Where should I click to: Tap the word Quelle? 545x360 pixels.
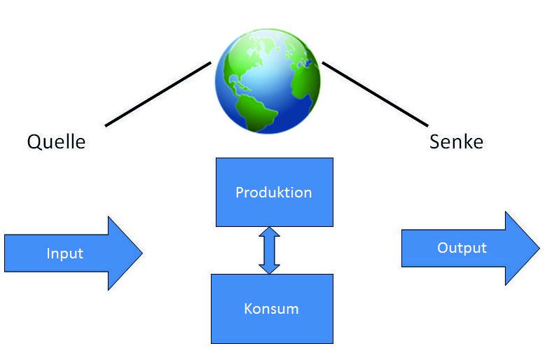click(56, 141)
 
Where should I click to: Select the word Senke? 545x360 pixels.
click(456, 141)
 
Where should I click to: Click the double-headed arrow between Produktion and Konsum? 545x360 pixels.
click(270, 250)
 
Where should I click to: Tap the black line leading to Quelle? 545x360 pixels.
click(158, 95)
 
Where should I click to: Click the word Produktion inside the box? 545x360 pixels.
click(274, 192)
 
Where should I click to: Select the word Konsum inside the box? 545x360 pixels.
click(272, 308)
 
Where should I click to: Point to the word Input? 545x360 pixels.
click(64, 254)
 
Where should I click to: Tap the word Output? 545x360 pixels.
click(462, 248)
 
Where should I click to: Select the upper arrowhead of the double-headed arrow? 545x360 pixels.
click(270, 232)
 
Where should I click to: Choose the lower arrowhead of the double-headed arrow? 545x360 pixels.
click(270, 268)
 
